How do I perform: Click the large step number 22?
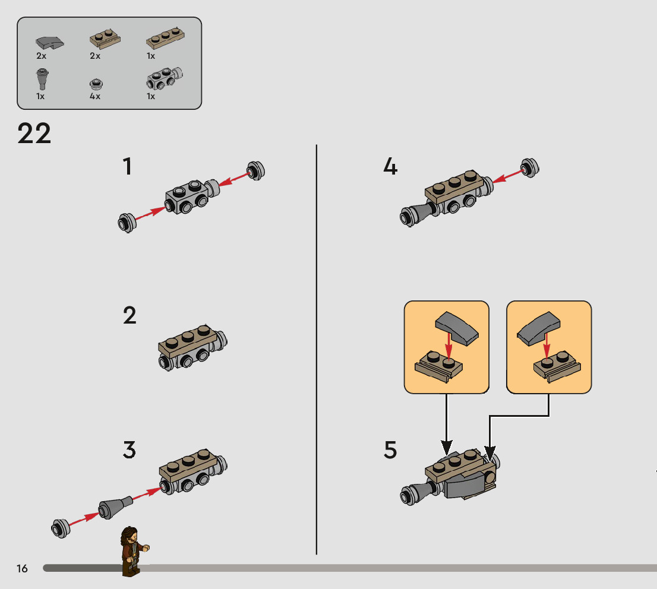(x=34, y=134)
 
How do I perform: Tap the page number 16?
(x=22, y=568)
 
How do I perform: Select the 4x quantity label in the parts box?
(x=94, y=96)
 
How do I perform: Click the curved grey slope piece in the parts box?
(x=49, y=43)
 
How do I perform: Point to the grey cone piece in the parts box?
(x=42, y=79)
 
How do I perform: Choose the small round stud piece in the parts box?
(x=96, y=84)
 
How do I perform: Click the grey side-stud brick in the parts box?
(x=164, y=78)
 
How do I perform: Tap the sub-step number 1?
(x=127, y=166)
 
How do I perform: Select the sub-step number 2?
(x=129, y=315)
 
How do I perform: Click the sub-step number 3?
(x=129, y=450)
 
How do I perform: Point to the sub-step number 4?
(x=390, y=166)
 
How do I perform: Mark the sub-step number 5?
(x=390, y=450)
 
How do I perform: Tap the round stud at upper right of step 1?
(x=255, y=170)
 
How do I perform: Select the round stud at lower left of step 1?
(x=127, y=223)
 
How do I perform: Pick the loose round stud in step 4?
(x=530, y=167)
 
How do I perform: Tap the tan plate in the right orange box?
(x=557, y=366)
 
